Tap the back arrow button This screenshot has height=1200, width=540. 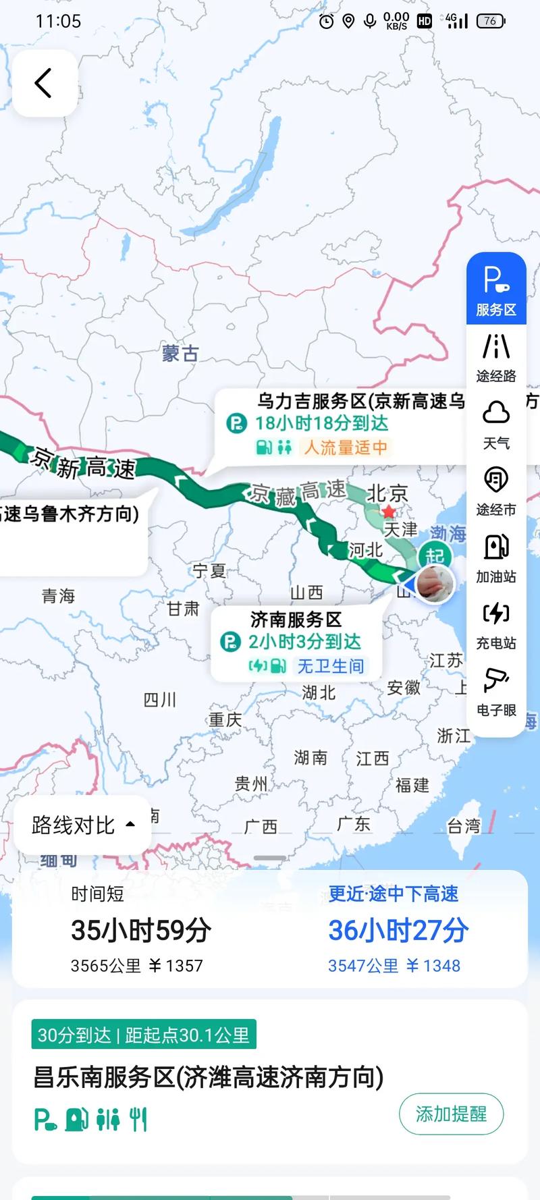[44, 83]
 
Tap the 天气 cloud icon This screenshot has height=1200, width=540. [496, 413]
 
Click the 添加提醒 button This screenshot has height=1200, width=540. [451, 1114]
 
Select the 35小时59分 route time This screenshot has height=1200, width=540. [141, 931]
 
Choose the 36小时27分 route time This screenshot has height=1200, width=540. [398, 931]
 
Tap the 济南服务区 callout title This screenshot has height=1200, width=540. [296, 619]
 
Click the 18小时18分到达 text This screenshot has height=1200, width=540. [321, 423]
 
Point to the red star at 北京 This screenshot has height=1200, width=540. [389, 512]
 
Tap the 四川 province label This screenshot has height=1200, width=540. [160, 700]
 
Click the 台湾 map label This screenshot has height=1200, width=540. [464, 825]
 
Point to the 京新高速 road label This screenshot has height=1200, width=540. [84, 463]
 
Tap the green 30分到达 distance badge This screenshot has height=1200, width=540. [144, 1035]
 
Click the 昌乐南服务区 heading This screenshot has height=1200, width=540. [209, 1077]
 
